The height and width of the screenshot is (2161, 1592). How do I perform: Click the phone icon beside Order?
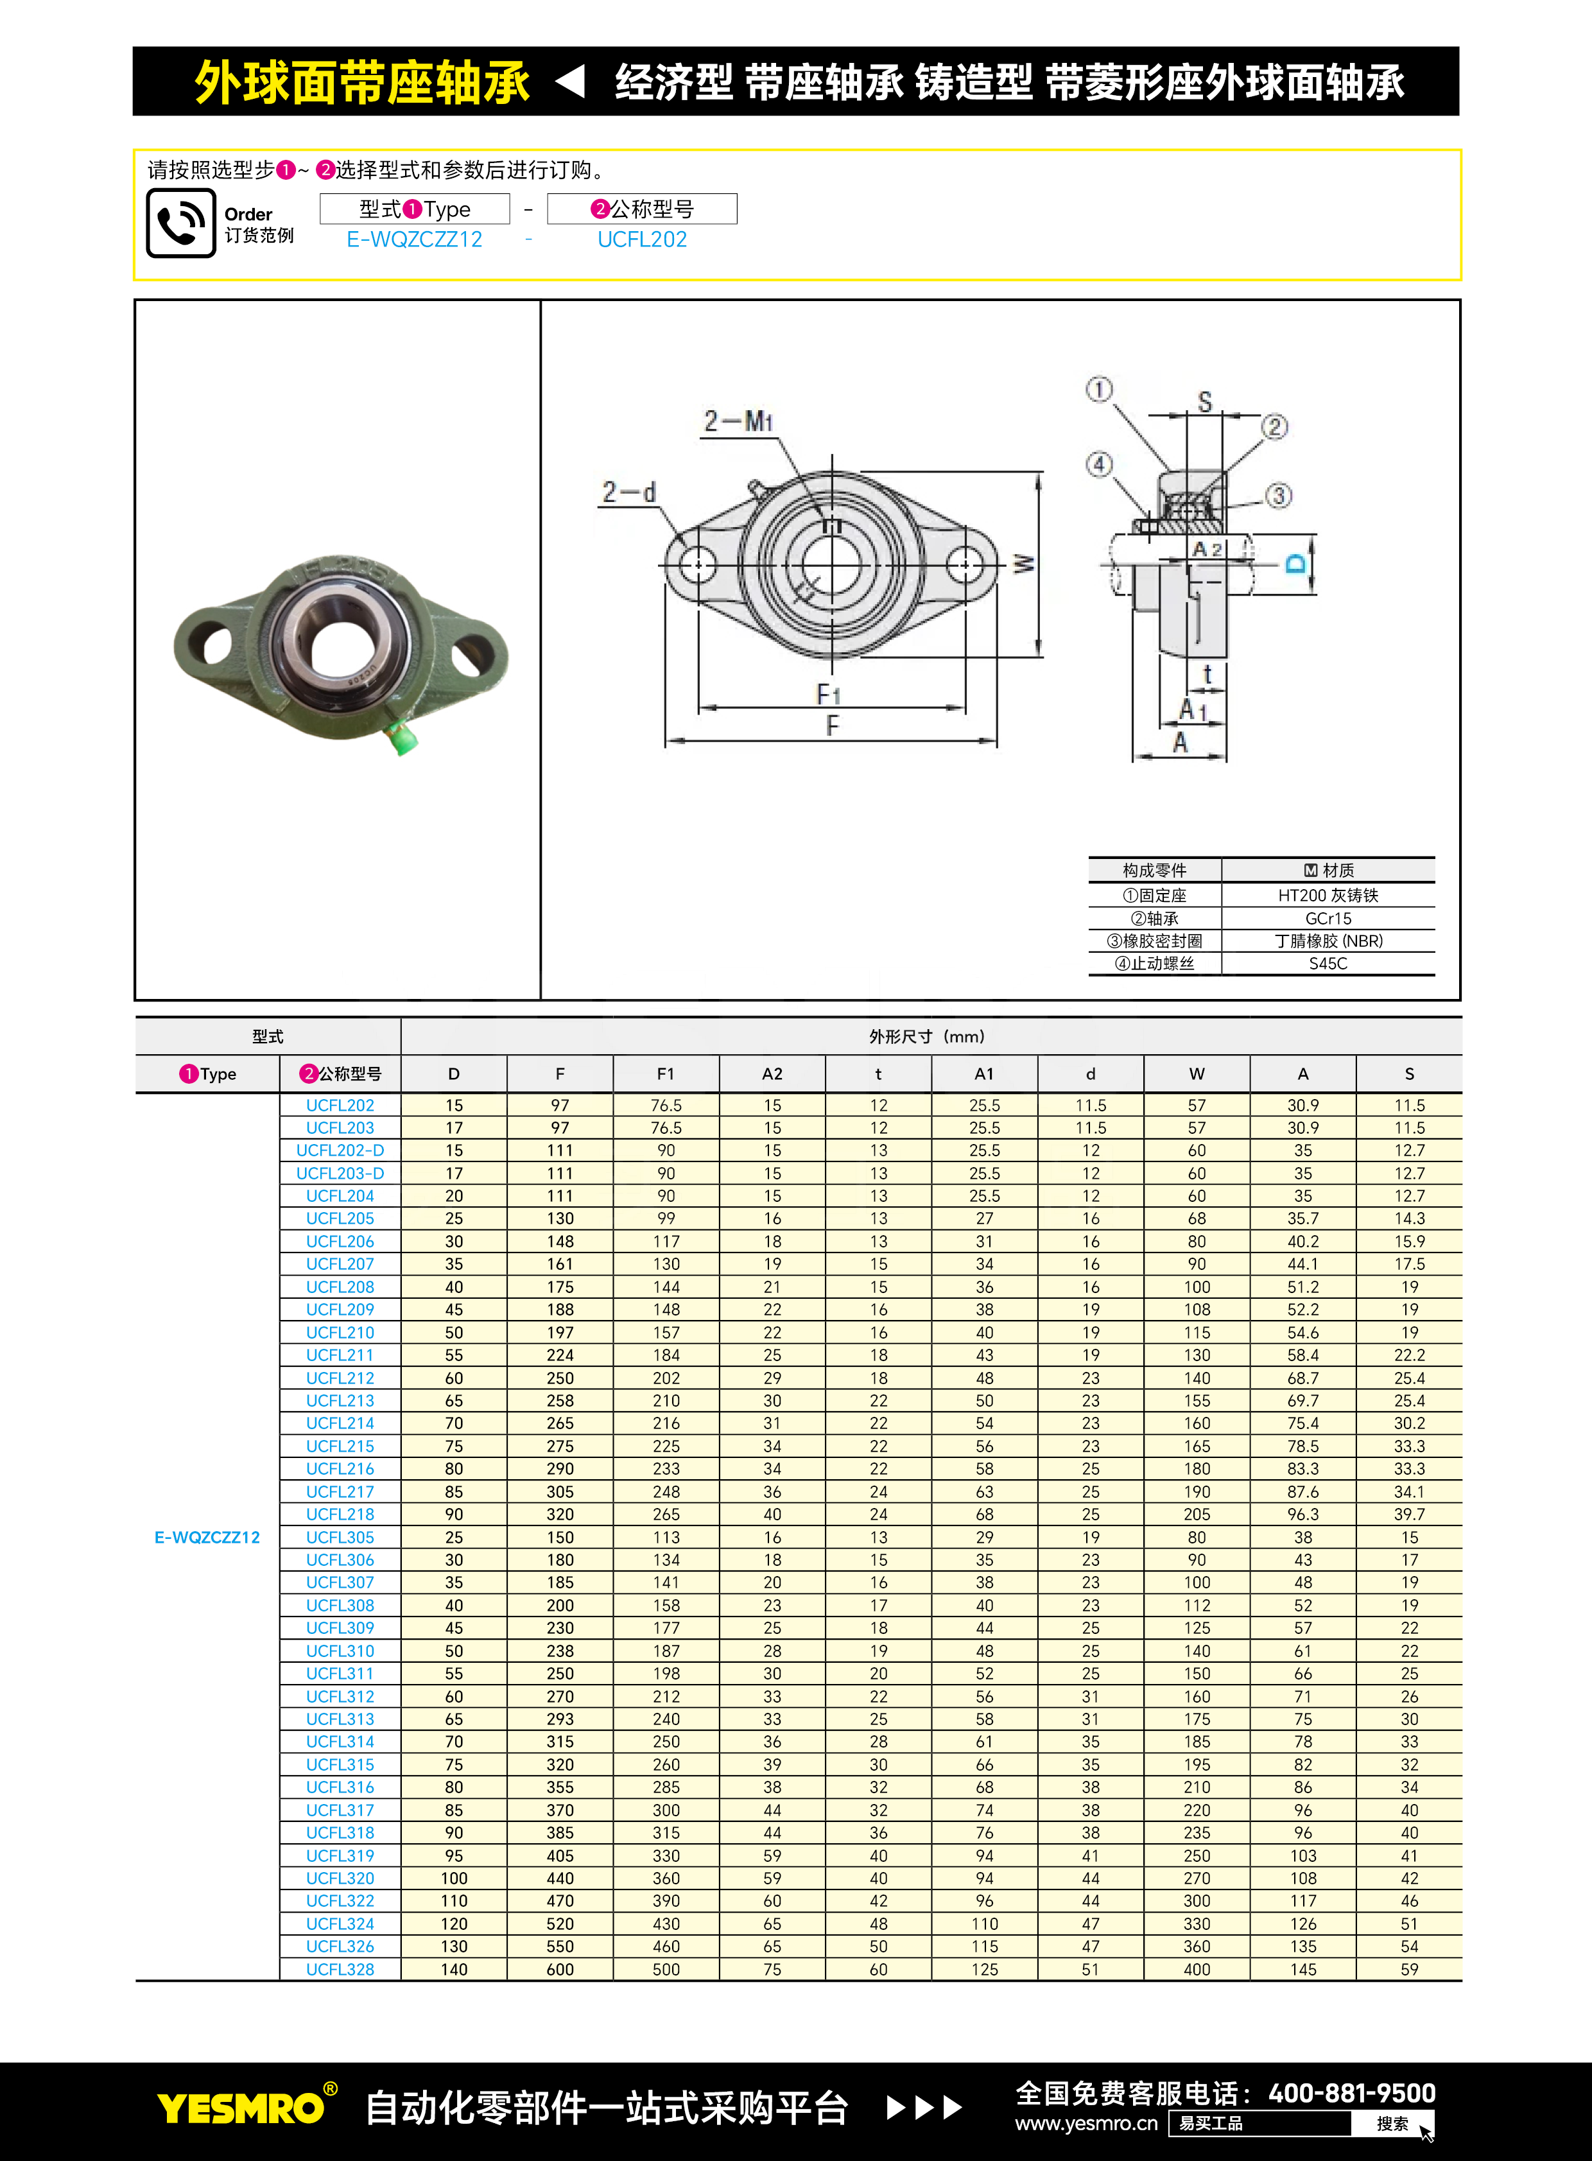point(180,223)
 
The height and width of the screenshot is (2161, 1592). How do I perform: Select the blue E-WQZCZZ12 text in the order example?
point(415,239)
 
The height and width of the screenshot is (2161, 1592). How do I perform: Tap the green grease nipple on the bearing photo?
point(403,738)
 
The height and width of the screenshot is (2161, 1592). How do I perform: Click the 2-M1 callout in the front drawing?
point(738,421)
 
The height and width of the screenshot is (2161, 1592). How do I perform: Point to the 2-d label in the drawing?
point(628,492)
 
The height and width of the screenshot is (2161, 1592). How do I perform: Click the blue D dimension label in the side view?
point(1297,563)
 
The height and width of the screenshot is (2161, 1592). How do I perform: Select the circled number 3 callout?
point(1278,496)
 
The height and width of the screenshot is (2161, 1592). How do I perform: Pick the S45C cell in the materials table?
point(1328,963)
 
